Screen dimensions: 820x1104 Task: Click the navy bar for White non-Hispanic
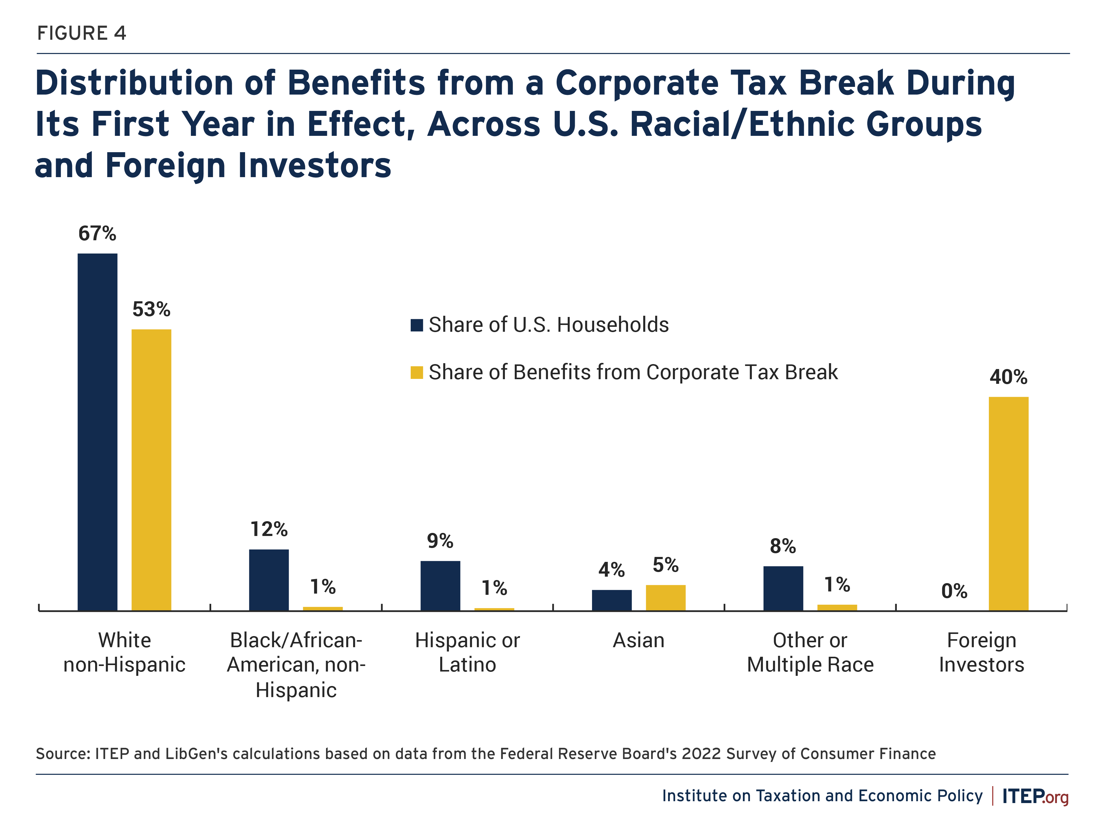pyautogui.click(x=97, y=432)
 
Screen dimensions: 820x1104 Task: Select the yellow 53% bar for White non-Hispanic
pyautogui.click(x=151, y=469)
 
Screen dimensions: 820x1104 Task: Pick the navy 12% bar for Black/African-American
pyautogui.click(x=269, y=580)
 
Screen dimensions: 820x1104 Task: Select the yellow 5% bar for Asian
pyautogui.click(x=666, y=598)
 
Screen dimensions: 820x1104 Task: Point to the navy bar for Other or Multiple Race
pyautogui.click(x=783, y=588)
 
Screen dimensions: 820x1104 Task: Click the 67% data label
pyautogui.click(x=97, y=233)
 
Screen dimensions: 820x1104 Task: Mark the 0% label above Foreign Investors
pyautogui.click(x=954, y=591)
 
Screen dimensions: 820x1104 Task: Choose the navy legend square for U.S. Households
pyautogui.click(x=417, y=325)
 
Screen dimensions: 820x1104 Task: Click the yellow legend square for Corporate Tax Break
pyautogui.click(x=417, y=372)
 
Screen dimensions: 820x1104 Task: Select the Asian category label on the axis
pyautogui.click(x=638, y=640)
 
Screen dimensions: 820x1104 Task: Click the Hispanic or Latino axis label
pyautogui.click(x=467, y=652)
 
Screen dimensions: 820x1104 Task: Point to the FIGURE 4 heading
pyautogui.click(x=82, y=33)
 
